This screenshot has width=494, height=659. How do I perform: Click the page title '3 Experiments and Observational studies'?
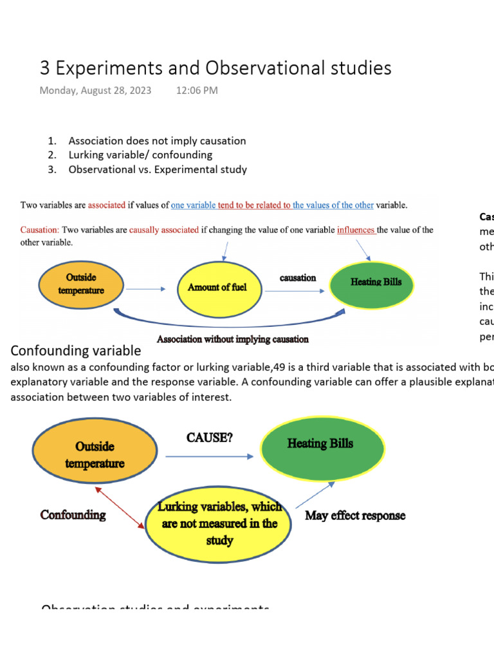pos(215,68)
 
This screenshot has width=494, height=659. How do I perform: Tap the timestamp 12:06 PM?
pos(197,91)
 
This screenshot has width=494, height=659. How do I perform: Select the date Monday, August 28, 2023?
pos(95,91)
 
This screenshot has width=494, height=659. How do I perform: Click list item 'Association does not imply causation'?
pos(157,140)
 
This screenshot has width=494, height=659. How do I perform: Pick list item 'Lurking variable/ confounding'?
pos(140,155)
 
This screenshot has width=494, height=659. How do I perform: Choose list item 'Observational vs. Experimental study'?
pos(158,170)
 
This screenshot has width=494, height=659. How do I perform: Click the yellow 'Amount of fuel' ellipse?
pos(217,288)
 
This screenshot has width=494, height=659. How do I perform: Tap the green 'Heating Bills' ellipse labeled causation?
pos(376,282)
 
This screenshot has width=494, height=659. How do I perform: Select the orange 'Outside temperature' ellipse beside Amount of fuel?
pos(81,284)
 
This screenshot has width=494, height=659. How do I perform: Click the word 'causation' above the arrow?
pos(297,277)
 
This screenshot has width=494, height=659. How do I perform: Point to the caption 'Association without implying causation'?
pos(233,339)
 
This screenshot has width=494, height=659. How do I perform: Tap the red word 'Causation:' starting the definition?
pos(40,230)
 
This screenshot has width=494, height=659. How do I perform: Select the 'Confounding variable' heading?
pos(75,351)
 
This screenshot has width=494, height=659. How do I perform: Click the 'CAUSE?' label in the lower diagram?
pos(209,438)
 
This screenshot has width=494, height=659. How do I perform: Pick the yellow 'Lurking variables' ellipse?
pos(219,523)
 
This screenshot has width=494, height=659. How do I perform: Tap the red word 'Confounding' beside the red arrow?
pos(73,515)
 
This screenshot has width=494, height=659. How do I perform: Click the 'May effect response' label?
pos(355,515)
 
